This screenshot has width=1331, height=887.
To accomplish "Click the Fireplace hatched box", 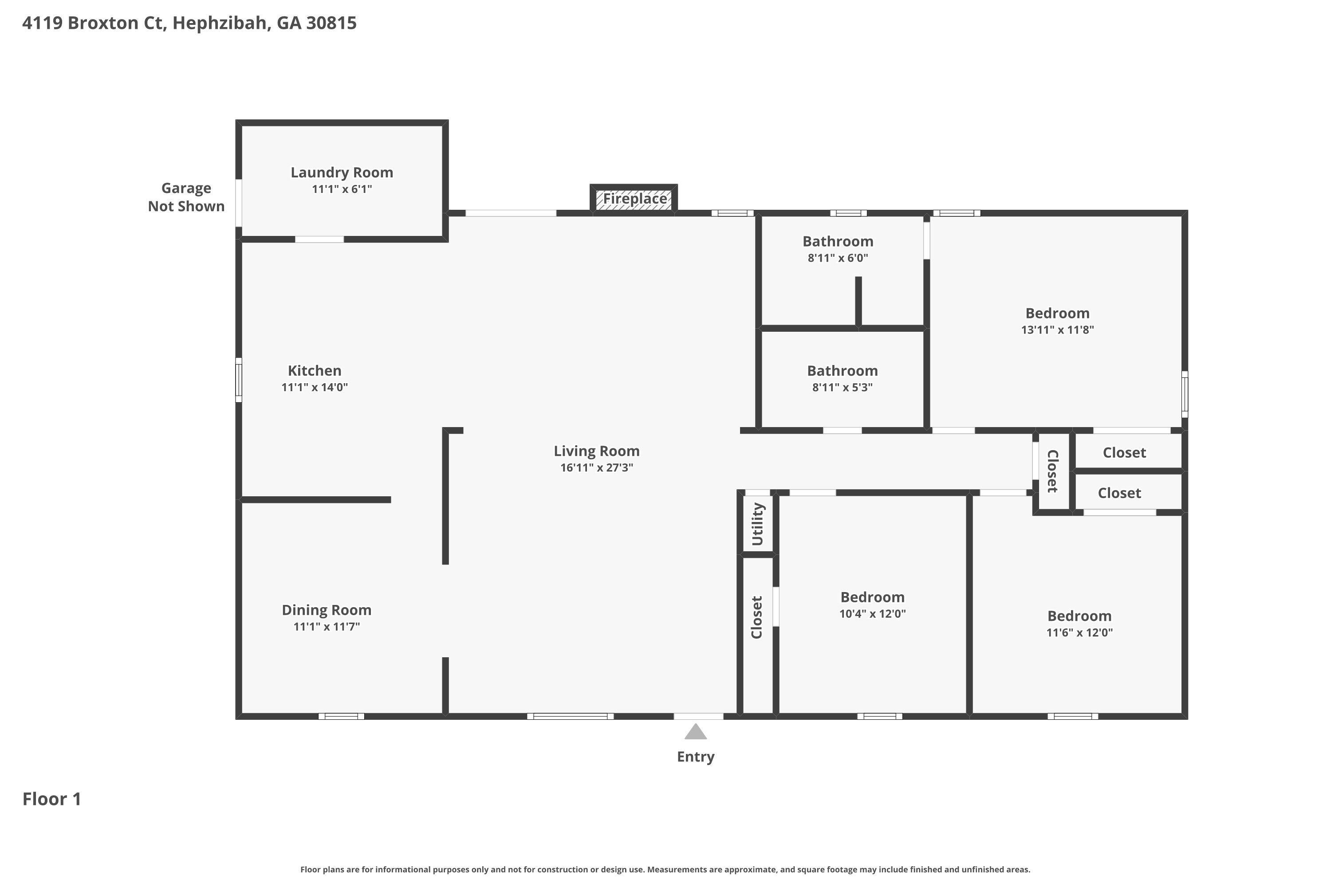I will [x=634, y=199].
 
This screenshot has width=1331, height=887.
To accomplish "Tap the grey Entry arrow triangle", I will [x=696, y=732].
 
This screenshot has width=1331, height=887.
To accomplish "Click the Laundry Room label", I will [x=342, y=173].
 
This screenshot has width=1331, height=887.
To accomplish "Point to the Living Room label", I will [x=596, y=451].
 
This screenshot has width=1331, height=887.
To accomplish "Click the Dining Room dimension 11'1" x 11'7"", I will [x=327, y=627].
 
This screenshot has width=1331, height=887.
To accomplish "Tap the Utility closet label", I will [x=758, y=524].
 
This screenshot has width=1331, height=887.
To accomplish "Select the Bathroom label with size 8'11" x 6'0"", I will [x=838, y=242].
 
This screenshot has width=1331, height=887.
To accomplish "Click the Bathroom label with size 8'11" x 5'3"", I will [x=842, y=371].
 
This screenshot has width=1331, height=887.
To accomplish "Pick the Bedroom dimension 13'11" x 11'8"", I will [x=1057, y=330].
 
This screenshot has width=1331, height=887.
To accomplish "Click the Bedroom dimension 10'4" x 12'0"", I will [x=872, y=614].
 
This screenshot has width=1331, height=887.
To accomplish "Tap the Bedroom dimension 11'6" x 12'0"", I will [x=1079, y=632].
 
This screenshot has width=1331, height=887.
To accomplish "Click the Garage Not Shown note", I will [x=186, y=197].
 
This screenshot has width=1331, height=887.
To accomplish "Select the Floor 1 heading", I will [x=52, y=799].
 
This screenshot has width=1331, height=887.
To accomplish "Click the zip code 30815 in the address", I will [x=331, y=23].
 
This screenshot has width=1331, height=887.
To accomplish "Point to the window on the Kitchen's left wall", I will [x=239, y=380].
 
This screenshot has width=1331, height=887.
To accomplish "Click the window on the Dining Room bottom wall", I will [x=341, y=716].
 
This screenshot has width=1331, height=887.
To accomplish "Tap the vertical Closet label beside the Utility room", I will [x=756, y=617].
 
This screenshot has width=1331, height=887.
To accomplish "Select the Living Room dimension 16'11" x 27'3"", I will [x=596, y=468].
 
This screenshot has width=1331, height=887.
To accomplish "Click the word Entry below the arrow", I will [x=696, y=757].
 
